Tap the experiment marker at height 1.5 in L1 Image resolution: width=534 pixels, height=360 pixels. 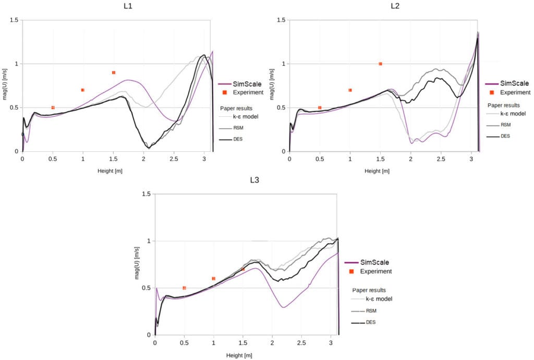(x=114, y=73)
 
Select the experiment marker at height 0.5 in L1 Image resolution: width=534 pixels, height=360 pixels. (x=53, y=107)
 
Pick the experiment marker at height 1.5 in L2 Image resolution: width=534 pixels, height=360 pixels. (x=380, y=64)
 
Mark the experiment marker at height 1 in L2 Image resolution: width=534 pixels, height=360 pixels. (x=350, y=90)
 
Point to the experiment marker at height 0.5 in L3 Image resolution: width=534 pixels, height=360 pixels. (x=184, y=288)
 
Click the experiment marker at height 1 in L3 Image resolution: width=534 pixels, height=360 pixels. (x=214, y=279)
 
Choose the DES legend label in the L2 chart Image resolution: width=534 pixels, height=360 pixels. (x=505, y=136)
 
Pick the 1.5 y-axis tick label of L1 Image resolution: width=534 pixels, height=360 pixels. (x=14, y=20)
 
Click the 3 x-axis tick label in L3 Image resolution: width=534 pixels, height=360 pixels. (x=331, y=343)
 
